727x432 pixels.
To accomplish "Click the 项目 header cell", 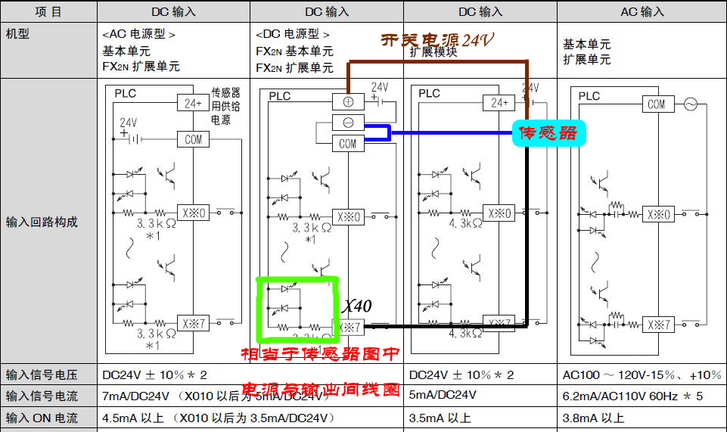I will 48,12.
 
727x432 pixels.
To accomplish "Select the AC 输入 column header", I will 642,12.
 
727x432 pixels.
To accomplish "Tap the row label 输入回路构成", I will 42,222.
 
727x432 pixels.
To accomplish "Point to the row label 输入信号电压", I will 42,375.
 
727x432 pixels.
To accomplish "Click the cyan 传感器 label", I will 548,133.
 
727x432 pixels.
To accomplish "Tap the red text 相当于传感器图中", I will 320,354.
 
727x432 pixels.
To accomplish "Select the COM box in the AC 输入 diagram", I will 656,105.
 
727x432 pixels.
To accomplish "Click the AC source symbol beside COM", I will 690,105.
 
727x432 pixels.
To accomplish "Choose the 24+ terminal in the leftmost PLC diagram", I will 191,102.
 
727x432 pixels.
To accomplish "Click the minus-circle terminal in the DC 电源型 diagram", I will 347,122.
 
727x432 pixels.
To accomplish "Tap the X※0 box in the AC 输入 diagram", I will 658,214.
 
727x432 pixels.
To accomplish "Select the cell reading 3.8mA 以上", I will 594,418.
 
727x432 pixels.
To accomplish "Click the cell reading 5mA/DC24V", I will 443,395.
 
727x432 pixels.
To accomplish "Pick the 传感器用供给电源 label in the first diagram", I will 221,106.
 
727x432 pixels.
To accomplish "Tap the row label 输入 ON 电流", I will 42,418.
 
